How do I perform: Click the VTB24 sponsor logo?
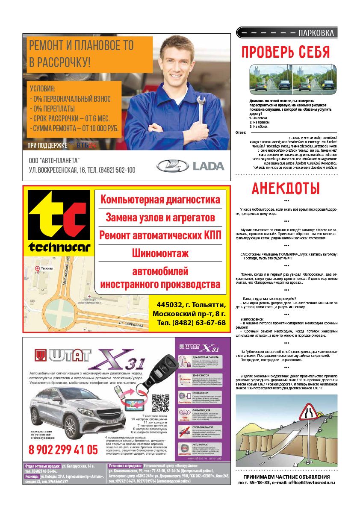86,145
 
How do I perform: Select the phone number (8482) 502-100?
117,170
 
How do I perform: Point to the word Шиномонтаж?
160,253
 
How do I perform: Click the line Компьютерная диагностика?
160,199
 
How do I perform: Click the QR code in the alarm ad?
160,402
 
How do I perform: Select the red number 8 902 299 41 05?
63,449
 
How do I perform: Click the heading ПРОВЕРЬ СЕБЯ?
286,52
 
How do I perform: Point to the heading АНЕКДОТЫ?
286,188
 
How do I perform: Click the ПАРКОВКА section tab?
316,33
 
